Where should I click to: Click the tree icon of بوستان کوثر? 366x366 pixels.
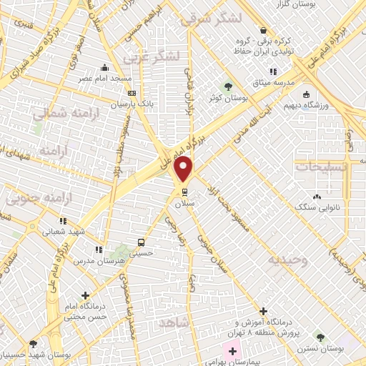pyautogui.click(x=228, y=87)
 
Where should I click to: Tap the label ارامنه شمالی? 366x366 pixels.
pyautogui.click(x=49, y=112)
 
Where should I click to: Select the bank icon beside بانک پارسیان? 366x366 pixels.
pyautogui.click(x=132, y=93)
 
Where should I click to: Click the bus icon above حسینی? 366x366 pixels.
pyautogui.click(x=141, y=242)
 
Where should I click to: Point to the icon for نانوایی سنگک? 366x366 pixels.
pyautogui.click(x=316, y=197)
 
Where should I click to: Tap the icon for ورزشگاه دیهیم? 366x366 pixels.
pyautogui.click(x=306, y=94)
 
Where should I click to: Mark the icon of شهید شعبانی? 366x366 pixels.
pyautogui.click(x=64, y=220)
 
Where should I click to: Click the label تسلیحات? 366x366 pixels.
pyautogui.click(x=321, y=166)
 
